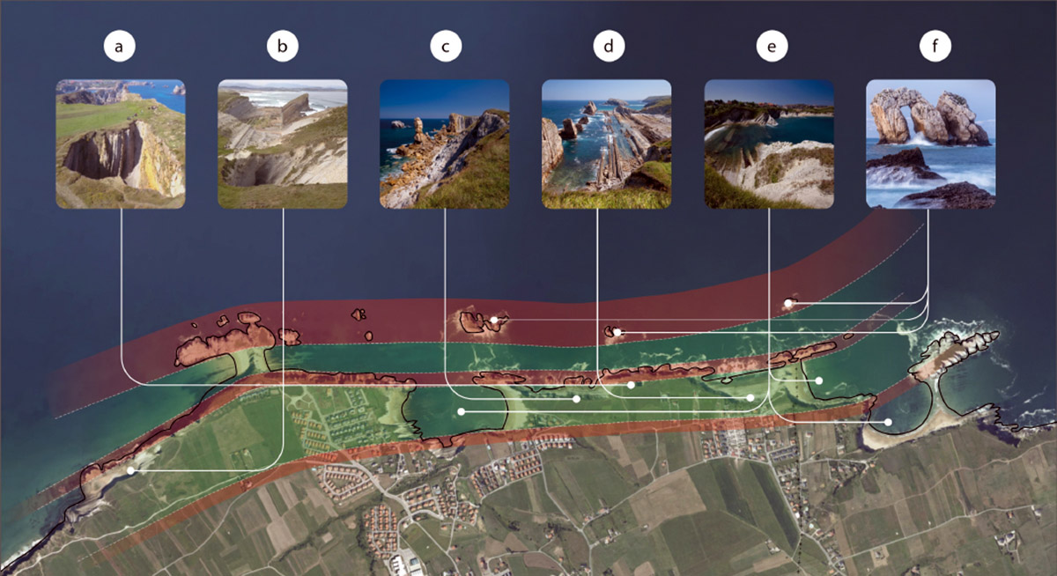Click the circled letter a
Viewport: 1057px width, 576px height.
[x=120, y=47]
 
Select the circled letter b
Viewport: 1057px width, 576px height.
[x=282, y=47]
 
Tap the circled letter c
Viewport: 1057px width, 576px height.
[x=446, y=47]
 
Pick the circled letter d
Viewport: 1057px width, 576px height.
[x=608, y=47]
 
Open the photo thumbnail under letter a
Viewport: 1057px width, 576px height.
[x=121, y=144]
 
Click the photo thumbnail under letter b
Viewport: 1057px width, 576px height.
[x=283, y=144]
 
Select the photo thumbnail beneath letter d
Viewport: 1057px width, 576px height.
[x=607, y=144]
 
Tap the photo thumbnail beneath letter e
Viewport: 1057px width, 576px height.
[x=770, y=144]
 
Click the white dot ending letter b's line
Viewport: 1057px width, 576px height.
[x=130, y=471]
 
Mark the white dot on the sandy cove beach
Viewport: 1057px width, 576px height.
[x=889, y=424]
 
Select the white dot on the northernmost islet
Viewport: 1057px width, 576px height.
[x=788, y=303]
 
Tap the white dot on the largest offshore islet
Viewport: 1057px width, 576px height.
[x=495, y=321]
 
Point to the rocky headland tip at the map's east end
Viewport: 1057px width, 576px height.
[x=991, y=336]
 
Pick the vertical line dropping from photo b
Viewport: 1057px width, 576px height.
[x=283, y=335]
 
